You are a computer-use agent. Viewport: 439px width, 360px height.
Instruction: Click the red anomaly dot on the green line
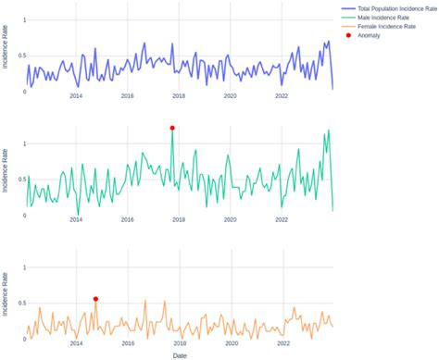pyautogui.click(x=172, y=128)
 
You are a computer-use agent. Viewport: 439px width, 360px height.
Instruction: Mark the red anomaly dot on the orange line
pyautogui.click(x=95, y=299)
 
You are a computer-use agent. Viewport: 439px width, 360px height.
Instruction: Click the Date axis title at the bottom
pyautogui.click(x=181, y=354)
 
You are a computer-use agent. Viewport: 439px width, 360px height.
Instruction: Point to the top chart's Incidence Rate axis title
pyautogui.click(x=6, y=55)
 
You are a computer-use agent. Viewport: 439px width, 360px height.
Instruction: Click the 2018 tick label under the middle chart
pyautogui.click(x=179, y=220)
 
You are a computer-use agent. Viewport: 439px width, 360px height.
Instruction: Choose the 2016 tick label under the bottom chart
pyautogui.click(x=128, y=342)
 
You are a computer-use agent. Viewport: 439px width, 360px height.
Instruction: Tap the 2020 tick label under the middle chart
pyautogui.click(x=231, y=220)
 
